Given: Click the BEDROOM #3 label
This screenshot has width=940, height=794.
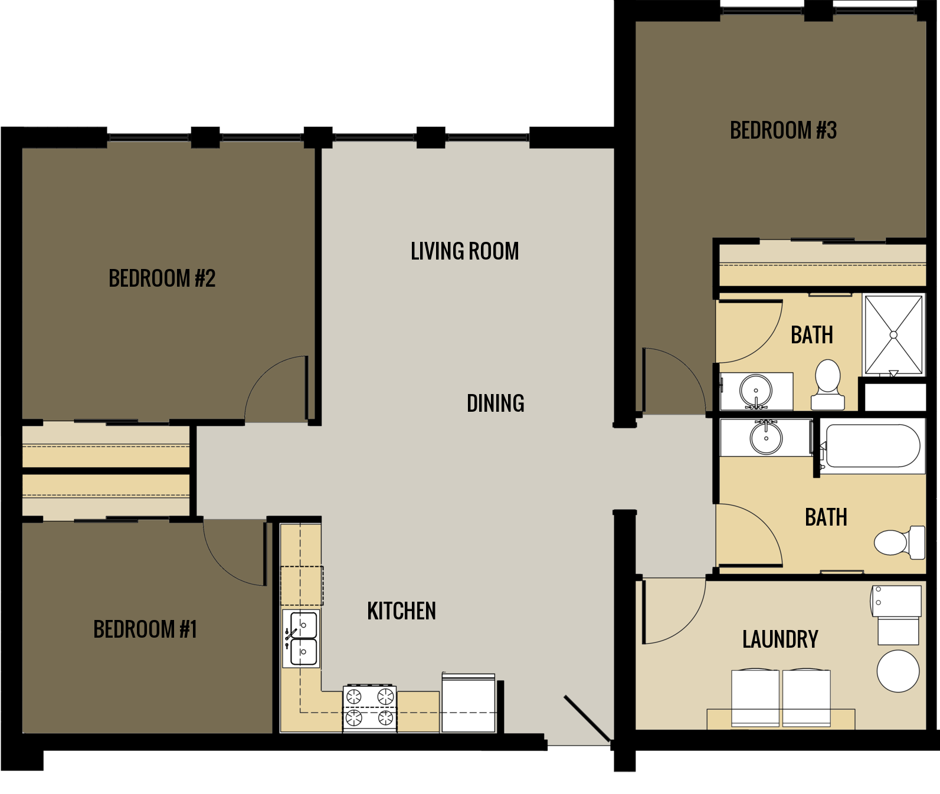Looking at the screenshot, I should click(x=783, y=130).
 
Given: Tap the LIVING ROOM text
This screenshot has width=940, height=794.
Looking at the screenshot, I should click(x=464, y=251).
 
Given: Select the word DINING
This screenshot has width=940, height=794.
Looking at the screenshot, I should click(x=495, y=403).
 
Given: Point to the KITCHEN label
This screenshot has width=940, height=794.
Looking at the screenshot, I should click(x=401, y=611).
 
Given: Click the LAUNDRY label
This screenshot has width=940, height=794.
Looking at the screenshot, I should click(x=780, y=639).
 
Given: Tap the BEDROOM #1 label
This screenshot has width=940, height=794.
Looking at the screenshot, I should click(x=145, y=629).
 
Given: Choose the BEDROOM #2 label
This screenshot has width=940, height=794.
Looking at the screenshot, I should click(x=162, y=278).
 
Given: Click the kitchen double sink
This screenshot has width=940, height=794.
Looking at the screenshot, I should click(x=302, y=639).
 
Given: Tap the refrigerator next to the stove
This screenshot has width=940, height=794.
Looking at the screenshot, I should click(x=469, y=703).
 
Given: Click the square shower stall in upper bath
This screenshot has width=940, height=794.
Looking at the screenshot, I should click(x=893, y=334).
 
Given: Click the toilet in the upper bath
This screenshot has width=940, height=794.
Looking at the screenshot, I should click(x=827, y=385).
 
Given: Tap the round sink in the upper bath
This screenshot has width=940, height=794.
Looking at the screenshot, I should click(x=755, y=391).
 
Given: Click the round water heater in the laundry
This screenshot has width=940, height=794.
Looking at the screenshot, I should click(x=898, y=671).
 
